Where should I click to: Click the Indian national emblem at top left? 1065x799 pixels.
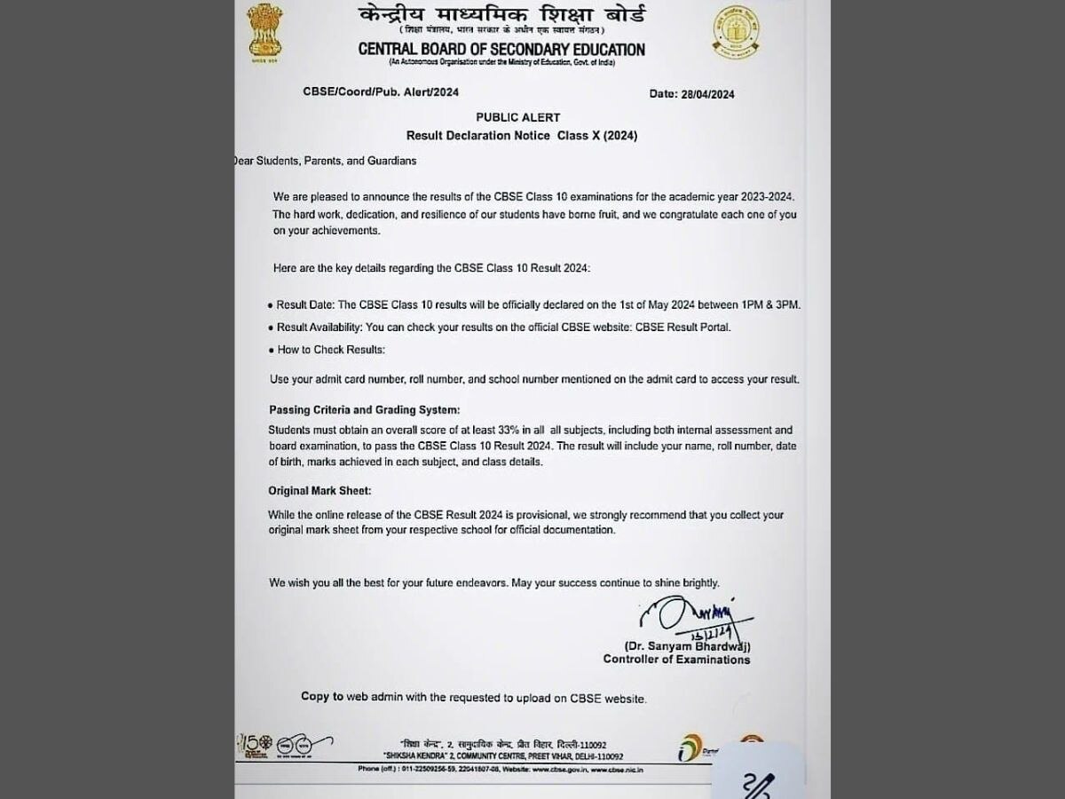[264, 31]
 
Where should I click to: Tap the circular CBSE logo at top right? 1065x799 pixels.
[735, 33]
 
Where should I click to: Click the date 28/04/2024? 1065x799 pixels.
[691, 94]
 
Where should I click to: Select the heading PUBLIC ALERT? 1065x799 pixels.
[517, 117]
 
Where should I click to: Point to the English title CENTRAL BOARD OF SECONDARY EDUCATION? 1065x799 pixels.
[501, 50]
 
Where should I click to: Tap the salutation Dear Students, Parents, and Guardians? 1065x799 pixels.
[324, 161]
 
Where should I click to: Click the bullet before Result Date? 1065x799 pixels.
[270, 305]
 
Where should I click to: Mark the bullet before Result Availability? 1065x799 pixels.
[270, 328]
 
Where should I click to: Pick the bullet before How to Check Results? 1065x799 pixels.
[270, 350]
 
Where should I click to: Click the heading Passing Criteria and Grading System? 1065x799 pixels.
[365, 409]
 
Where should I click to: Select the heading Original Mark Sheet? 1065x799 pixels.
[319, 490]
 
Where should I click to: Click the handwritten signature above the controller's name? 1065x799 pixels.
[684, 614]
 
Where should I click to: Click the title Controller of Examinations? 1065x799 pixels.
[676, 660]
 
